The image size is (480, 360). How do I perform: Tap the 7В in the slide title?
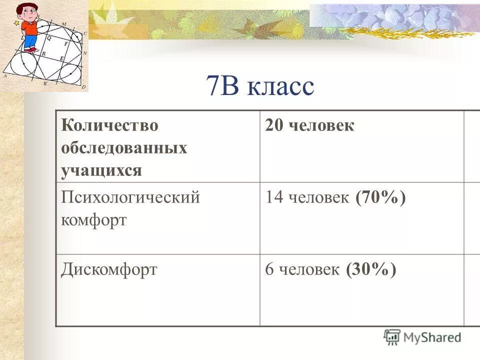[x=223, y=86]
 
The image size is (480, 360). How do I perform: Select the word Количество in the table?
[x=109, y=125]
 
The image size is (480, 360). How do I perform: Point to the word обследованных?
[x=124, y=148]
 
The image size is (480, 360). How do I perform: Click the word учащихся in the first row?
[x=101, y=170]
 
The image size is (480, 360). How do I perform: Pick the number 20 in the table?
[x=273, y=125]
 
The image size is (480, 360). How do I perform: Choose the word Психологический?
[x=130, y=197]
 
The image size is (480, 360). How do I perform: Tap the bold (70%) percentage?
[x=380, y=197]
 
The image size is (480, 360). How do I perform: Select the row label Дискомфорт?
[x=109, y=270]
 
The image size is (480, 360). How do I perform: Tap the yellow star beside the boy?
[x=17, y=23]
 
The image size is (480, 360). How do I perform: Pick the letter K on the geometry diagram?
[x=44, y=84]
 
